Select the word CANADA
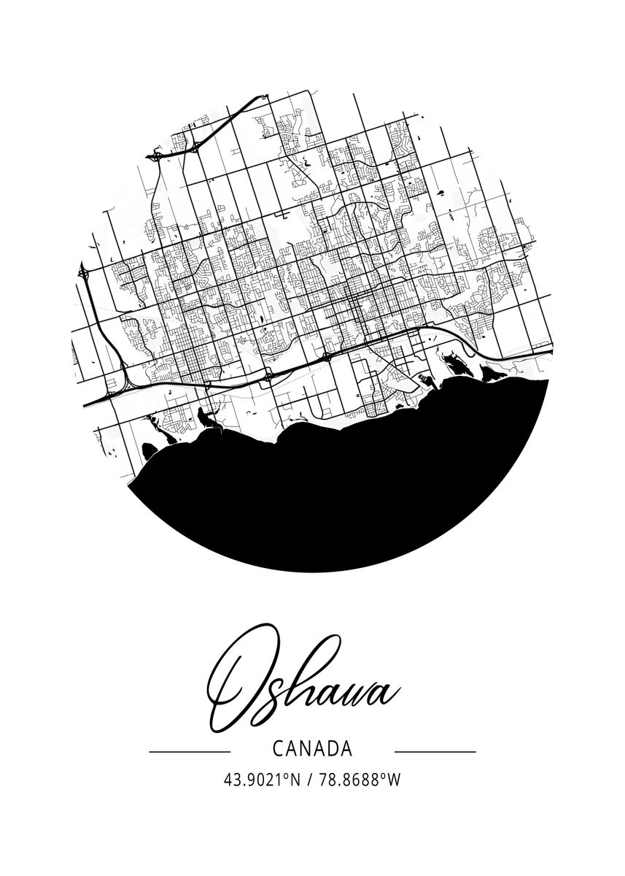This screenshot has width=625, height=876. click(311, 748)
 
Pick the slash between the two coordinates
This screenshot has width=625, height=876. click(311, 780)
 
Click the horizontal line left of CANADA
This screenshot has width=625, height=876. click(189, 750)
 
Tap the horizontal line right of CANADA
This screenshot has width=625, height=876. click(435, 750)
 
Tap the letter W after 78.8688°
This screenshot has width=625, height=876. click(395, 780)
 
